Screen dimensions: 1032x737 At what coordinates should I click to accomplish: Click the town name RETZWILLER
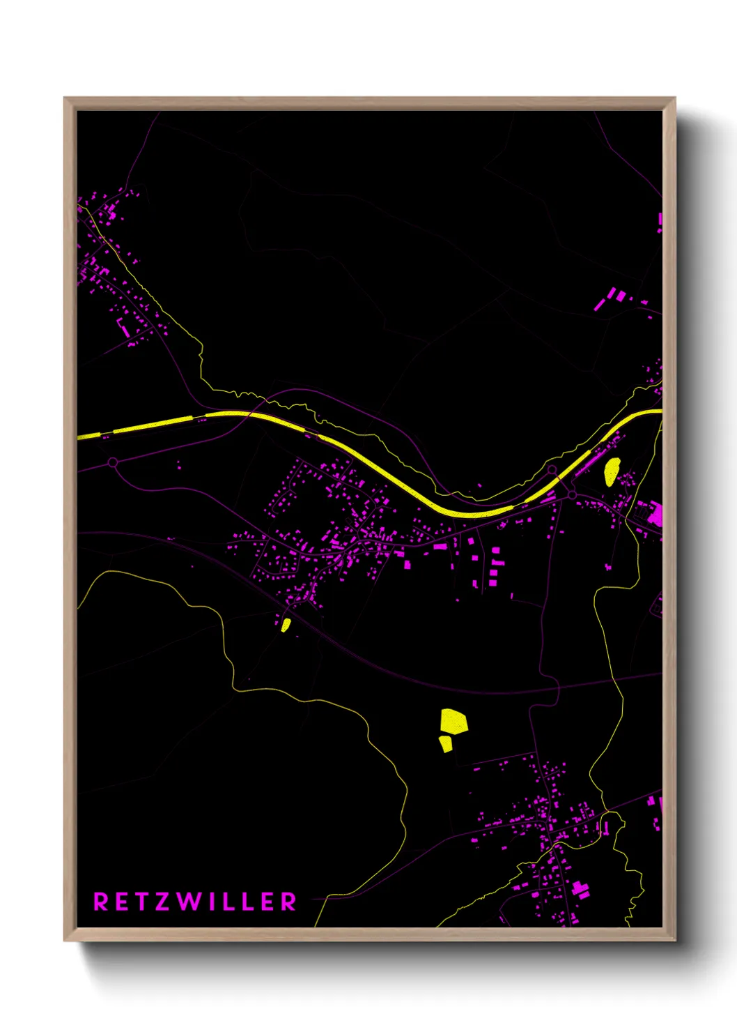click(x=195, y=902)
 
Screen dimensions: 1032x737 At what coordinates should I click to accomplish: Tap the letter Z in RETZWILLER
click(x=164, y=902)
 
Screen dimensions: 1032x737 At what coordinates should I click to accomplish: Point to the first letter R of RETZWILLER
click(x=101, y=902)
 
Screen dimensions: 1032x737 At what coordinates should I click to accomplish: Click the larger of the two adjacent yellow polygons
click(x=453, y=721)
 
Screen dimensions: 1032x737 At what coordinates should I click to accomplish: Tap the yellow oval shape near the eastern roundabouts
click(x=612, y=471)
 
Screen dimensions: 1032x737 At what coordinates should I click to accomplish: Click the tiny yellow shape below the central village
click(x=286, y=624)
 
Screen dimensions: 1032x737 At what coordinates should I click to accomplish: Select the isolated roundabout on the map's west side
click(x=113, y=462)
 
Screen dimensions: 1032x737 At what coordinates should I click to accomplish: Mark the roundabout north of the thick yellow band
click(x=552, y=469)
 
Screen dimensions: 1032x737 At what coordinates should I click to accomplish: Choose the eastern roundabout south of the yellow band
click(x=572, y=494)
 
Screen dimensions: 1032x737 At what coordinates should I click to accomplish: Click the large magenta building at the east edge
click(x=655, y=514)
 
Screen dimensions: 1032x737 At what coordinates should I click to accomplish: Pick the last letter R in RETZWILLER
click(x=288, y=902)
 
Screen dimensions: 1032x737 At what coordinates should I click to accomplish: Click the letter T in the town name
click(x=143, y=902)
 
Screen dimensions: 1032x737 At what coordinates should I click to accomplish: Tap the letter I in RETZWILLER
click(x=214, y=902)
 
